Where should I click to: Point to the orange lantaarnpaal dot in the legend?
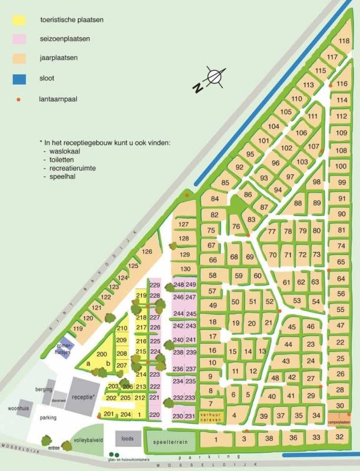[x=19, y=99]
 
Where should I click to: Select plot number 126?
[x=147, y=252]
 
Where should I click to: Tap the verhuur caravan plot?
[x=210, y=416]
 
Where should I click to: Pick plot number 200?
[x=101, y=354]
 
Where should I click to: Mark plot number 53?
[x=297, y=301]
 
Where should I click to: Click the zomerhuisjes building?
[x=62, y=350]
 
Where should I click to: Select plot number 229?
[x=155, y=286]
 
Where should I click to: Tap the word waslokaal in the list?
[x=65, y=151]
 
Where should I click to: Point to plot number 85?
[x=224, y=183]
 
